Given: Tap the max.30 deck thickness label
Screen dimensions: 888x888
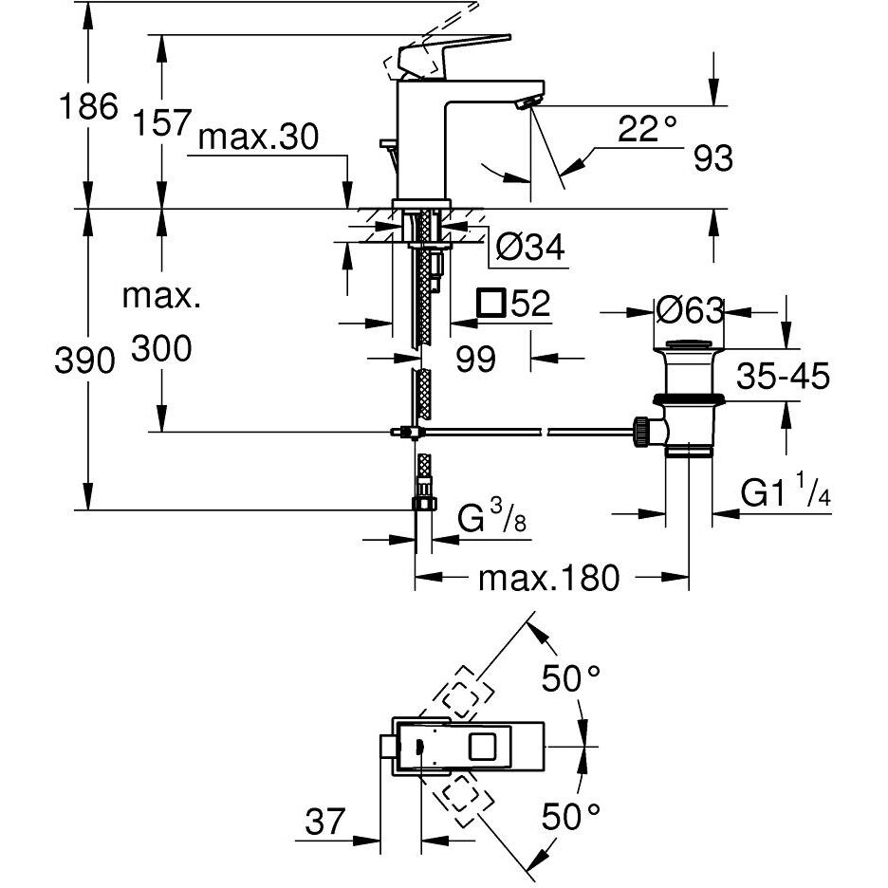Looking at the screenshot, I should pyautogui.click(x=257, y=139).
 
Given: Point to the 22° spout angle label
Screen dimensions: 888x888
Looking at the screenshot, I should pyautogui.click(x=646, y=129).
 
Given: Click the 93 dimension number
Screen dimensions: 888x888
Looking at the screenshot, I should pyautogui.click(x=713, y=159).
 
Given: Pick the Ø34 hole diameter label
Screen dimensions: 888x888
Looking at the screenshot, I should pyautogui.click(x=530, y=248).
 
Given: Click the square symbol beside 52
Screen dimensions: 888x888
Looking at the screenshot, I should pyautogui.click(x=490, y=304).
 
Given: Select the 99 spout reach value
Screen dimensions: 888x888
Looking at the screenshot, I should pyautogui.click(x=475, y=359).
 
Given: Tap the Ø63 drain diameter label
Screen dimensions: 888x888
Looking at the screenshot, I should pyautogui.click(x=690, y=310).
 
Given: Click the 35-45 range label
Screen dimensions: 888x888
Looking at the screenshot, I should pyautogui.click(x=784, y=377).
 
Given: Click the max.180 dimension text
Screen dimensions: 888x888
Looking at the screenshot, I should pyautogui.click(x=548, y=577).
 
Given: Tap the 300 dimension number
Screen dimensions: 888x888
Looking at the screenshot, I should pyautogui.click(x=161, y=350).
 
